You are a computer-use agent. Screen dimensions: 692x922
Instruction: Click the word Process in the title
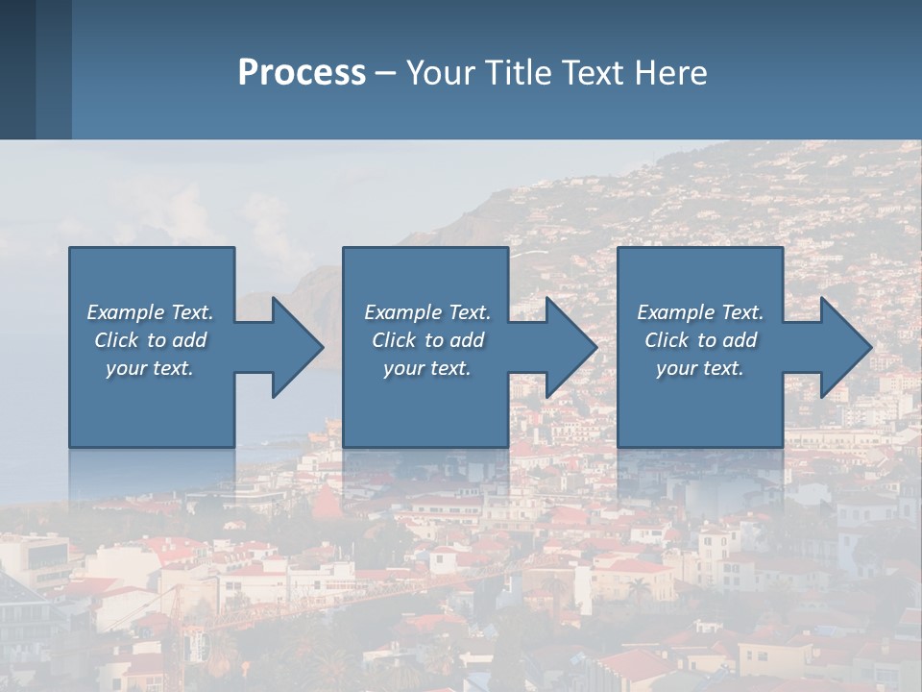302,73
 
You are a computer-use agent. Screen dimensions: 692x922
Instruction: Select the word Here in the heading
672,73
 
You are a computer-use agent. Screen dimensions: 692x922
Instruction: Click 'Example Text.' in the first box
150,312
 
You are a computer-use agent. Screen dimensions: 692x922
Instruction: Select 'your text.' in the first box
150,368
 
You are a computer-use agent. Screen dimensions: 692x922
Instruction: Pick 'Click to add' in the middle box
427,340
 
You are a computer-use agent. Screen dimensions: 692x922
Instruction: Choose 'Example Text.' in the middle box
427,312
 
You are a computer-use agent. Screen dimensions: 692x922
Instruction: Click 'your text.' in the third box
700,368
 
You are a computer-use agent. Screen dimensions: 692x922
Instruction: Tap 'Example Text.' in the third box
700,312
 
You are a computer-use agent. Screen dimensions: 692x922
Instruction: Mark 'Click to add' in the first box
150,340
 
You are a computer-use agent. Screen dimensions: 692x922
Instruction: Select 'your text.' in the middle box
427,368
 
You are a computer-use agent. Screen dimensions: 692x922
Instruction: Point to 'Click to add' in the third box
700,340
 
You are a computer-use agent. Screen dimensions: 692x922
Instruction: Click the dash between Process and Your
386,73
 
